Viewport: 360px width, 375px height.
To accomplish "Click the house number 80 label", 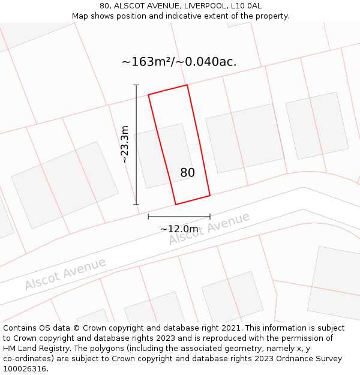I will pos(187,173).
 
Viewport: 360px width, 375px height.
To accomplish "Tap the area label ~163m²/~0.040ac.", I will pos(179,62).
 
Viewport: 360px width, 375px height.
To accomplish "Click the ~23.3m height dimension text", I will pos(125,145).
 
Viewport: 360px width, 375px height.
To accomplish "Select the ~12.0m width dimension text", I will pos(179,229).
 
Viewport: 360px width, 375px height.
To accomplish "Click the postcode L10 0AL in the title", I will pos(247,6).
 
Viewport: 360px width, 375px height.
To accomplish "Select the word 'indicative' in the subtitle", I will pos(205,16).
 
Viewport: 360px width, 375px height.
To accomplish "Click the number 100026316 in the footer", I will pos(25,369).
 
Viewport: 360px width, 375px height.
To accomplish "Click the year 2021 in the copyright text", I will pos(232,328).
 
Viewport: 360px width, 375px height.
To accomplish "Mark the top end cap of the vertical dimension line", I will pos(136,85).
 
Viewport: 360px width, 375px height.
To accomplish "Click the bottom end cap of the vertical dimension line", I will pos(136,205).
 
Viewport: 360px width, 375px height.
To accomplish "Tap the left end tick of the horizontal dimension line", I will pos(148,216).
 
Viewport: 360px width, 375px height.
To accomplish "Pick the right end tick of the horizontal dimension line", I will pos(210,216).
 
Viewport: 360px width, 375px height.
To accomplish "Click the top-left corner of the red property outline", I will pos(148,94).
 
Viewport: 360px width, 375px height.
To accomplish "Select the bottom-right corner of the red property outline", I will pos(210,196).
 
